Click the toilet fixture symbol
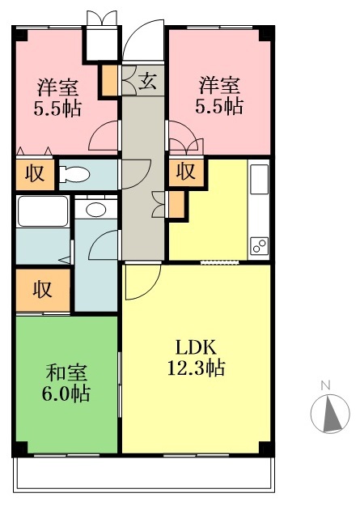(74, 175)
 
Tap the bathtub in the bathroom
(43, 211)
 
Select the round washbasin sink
(95, 210)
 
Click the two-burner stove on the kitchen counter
(260, 246)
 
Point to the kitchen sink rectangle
(260, 179)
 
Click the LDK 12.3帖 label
(196, 358)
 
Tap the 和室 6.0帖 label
(66, 383)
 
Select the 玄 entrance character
(148, 81)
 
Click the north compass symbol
(330, 414)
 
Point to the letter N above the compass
(326, 385)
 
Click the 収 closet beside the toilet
(35, 173)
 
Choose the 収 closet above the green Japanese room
(43, 290)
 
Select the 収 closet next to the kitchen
(186, 172)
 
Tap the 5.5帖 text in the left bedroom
(57, 108)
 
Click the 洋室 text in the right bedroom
(219, 86)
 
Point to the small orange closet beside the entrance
(110, 81)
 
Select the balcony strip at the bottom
(144, 474)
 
